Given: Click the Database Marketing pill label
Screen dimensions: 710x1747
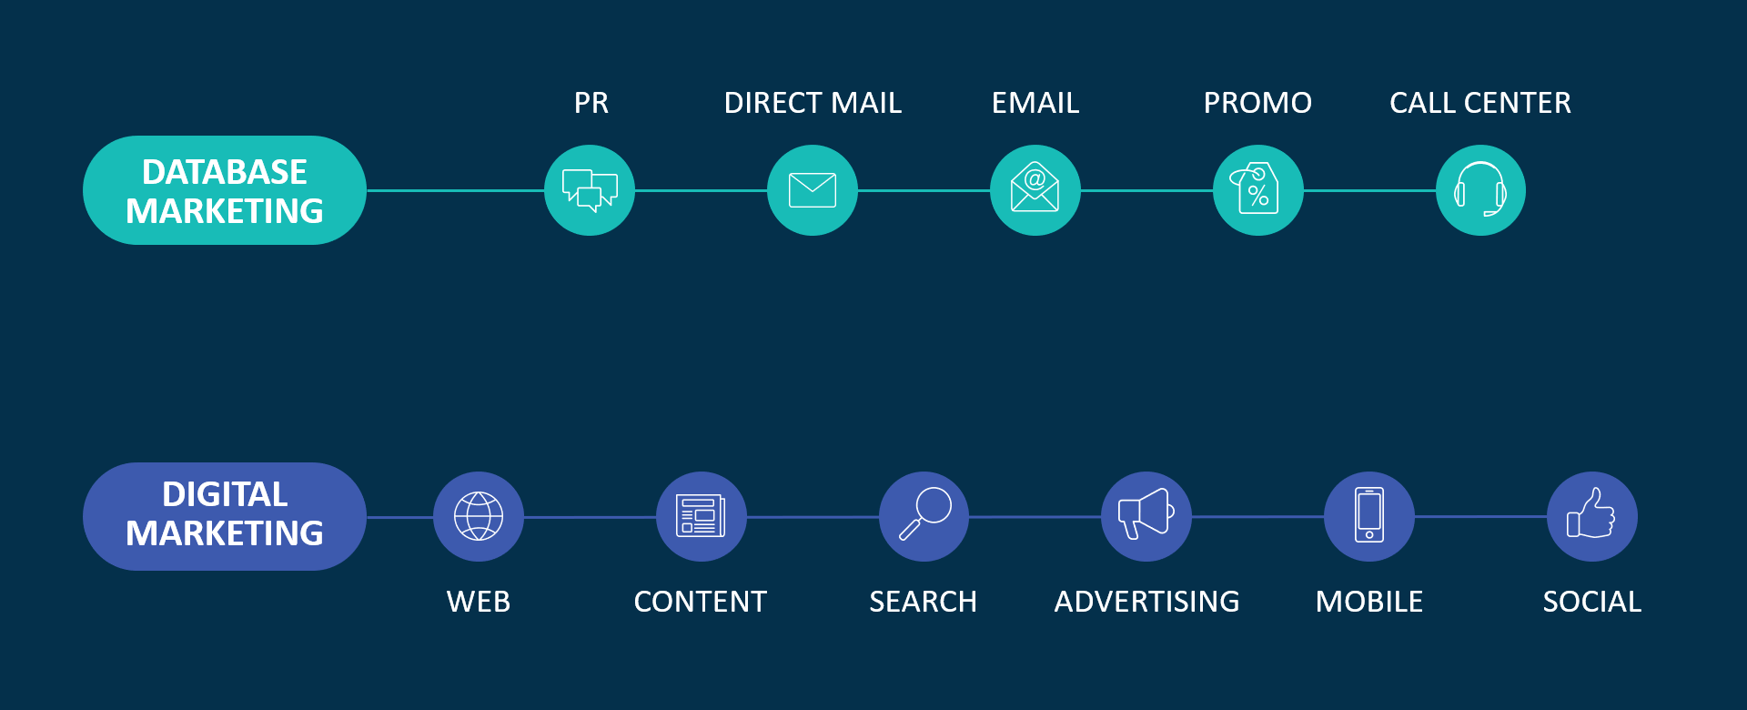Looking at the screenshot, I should point(225,191).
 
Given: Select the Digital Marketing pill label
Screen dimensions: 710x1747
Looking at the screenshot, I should point(225,516).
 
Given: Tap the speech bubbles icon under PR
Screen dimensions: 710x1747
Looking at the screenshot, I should point(590,190).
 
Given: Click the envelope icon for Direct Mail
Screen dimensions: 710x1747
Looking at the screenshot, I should point(813,190).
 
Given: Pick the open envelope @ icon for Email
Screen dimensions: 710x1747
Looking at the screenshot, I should point(1035,190).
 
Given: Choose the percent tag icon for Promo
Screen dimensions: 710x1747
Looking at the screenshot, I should point(1257,190).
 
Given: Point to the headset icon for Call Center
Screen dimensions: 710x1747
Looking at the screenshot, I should point(1480,190).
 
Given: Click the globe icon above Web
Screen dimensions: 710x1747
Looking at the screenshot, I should point(479,516).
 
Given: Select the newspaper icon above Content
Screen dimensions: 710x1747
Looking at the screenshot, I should point(701,516).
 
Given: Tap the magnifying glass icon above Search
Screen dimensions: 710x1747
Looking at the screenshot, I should point(924,516).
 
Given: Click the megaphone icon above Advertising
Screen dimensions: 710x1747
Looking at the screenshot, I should point(1146,516).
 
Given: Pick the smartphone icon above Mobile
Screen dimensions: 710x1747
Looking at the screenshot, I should point(1369,516).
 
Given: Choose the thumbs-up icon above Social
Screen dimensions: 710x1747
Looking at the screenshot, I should point(1591,516).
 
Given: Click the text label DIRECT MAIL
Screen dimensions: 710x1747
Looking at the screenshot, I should point(813,103).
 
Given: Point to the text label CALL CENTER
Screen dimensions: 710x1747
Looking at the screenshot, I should point(1480,103).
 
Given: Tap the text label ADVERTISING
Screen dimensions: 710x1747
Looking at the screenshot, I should point(1146,602).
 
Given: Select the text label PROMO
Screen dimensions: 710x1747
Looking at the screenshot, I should point(1257,103).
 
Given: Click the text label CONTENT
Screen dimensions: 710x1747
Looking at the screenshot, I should point(701,602).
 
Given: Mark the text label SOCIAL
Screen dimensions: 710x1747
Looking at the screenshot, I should point(1591,602).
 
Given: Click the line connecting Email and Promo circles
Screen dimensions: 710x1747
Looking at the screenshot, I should point(1146,191).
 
